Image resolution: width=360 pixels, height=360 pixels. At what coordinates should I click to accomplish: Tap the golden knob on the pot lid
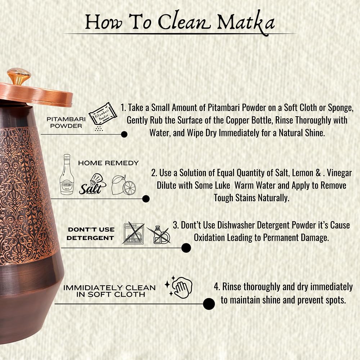pos(19,76)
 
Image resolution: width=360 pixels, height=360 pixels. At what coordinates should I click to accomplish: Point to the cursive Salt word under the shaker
pos(90,188)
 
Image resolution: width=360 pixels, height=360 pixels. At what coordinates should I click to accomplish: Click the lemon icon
pos(124,184)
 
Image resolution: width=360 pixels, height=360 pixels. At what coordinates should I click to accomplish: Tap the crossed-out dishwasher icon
pos(134,233)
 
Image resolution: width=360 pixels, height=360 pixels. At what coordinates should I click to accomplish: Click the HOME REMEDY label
pos(108,163)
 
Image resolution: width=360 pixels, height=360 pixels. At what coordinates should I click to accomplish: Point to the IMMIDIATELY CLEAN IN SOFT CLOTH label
pos(109,291)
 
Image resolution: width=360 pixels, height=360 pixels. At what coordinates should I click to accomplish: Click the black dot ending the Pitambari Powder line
pos(124,134)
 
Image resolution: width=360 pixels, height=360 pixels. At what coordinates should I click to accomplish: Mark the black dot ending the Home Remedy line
pos(146,199)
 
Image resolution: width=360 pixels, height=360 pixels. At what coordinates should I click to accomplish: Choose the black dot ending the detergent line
pos(186,248)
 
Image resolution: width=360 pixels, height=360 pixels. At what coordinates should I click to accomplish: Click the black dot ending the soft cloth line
pos(209,304)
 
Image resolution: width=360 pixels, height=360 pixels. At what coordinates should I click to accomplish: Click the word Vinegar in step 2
pos(338,173)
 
